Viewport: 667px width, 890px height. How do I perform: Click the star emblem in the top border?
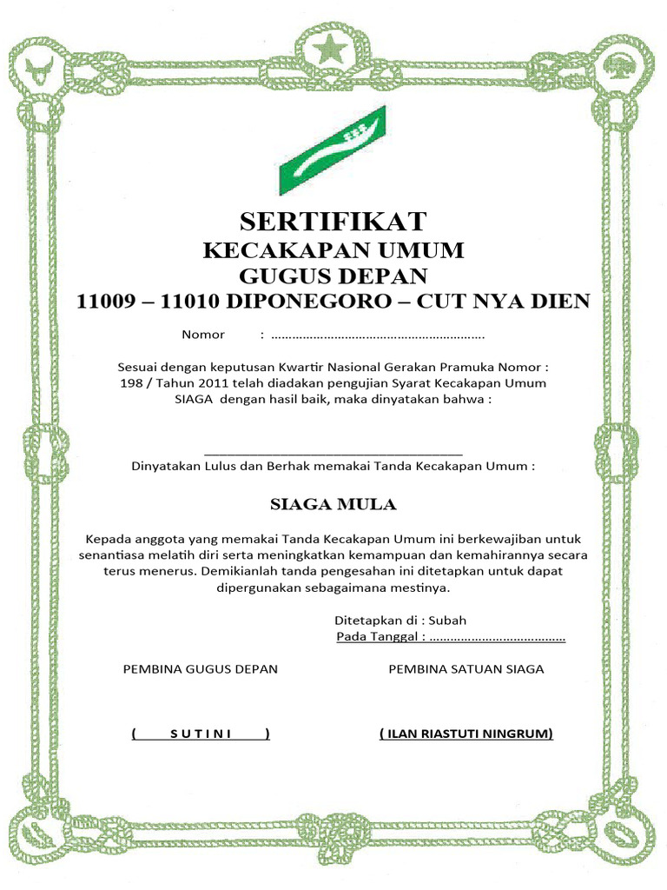click(333, 50)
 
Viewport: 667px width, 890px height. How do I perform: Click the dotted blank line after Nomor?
click(378, 335)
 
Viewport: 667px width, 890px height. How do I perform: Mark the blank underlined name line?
click(333, 452)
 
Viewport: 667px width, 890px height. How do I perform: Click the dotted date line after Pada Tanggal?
click(497, 638)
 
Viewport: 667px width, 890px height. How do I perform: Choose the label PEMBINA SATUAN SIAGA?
click(466, 669)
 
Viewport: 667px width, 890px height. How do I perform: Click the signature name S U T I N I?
click(201, 734)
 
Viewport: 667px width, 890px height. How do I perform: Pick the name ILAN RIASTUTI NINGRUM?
click(466, 734)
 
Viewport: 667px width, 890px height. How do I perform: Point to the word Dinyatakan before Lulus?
click(166, 466)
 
